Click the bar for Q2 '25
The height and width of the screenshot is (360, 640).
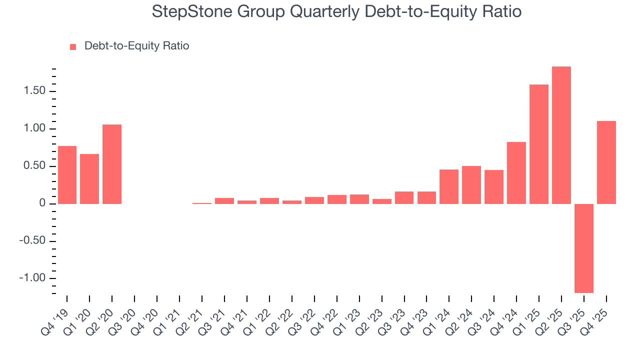[561, 135]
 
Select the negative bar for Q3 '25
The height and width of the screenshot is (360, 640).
[584, 248]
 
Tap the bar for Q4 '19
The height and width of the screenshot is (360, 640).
[67, 175]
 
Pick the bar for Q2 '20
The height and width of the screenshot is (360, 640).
[112, 164]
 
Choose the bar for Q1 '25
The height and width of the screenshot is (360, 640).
[539, 144]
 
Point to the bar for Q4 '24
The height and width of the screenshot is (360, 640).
[516, 173]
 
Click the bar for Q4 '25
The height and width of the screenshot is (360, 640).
[606, 162]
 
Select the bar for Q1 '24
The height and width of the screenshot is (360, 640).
[449, 186]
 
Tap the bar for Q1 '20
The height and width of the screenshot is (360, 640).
[89, 179]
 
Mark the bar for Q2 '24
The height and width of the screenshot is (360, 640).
[471, 185]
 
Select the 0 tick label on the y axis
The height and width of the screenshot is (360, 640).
[43, 204]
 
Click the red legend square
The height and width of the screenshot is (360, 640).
[73, 46]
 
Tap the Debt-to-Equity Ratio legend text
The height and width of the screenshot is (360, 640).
[136, 46]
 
